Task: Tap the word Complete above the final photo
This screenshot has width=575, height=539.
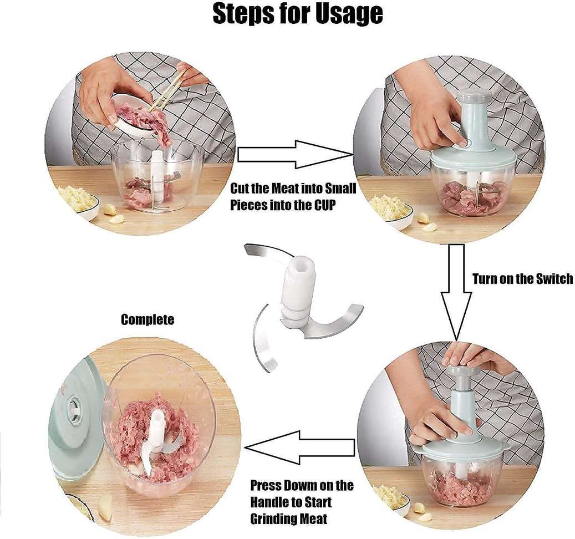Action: (x=147, y=319)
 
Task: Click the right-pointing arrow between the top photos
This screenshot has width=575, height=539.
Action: (x=294, y=154)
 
